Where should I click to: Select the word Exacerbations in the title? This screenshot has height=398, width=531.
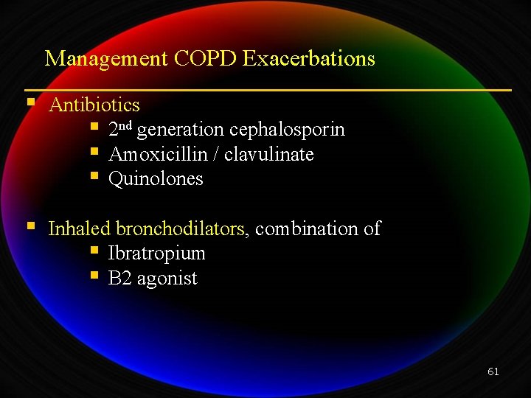tap(308, 59)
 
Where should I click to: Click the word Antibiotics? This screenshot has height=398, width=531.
tap(94, 105)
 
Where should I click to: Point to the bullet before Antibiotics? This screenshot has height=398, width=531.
tap(30, 102)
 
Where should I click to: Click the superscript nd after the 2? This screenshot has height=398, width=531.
tap(125, 126)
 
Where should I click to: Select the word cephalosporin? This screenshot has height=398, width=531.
tap(287, 130)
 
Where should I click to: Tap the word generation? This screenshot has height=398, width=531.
tap(181, 130)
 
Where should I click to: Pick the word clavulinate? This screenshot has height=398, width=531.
tap(269, 155)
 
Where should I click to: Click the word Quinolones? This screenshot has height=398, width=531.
tap(156, 179)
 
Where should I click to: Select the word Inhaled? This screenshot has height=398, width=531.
tap(80, 229)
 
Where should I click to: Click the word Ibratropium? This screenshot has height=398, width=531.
tap(157, 254)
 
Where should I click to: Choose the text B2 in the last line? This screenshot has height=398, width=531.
tap(120, 279)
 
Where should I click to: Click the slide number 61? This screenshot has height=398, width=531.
tap(493, 371)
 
